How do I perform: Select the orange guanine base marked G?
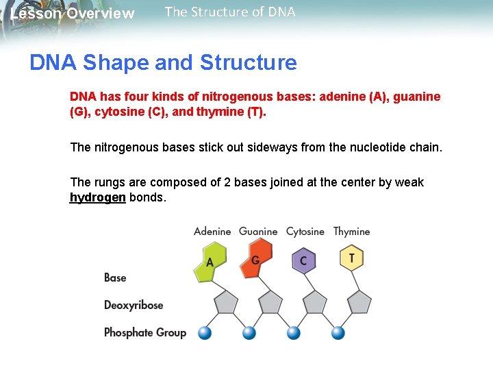(x=255, y=260)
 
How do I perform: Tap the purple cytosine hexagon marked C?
(x=303, y=260)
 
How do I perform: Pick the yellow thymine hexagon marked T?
(x=351, y=258)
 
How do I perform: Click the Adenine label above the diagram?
(x=212, y=232)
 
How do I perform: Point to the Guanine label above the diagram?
(x=258, y=232)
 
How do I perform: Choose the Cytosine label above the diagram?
(x=305, y=232)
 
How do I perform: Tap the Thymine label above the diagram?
(x=351, y=232)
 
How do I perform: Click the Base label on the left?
(x=115, y=277)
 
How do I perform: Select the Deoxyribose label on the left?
(x=134, y=305)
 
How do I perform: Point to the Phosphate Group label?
(x=145, y=332)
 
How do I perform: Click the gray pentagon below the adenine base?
(x=225, y=302)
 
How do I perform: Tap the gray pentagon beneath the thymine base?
(x=359, y=302)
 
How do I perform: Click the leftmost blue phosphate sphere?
(x=204, y=333)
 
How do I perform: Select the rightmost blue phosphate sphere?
(x=338, y=333)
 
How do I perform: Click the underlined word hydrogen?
(x=98, y=197)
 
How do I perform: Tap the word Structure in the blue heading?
(x=248, y=63)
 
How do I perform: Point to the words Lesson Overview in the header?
(x=73, y=14)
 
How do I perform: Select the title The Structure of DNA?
(x=230, y=12)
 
